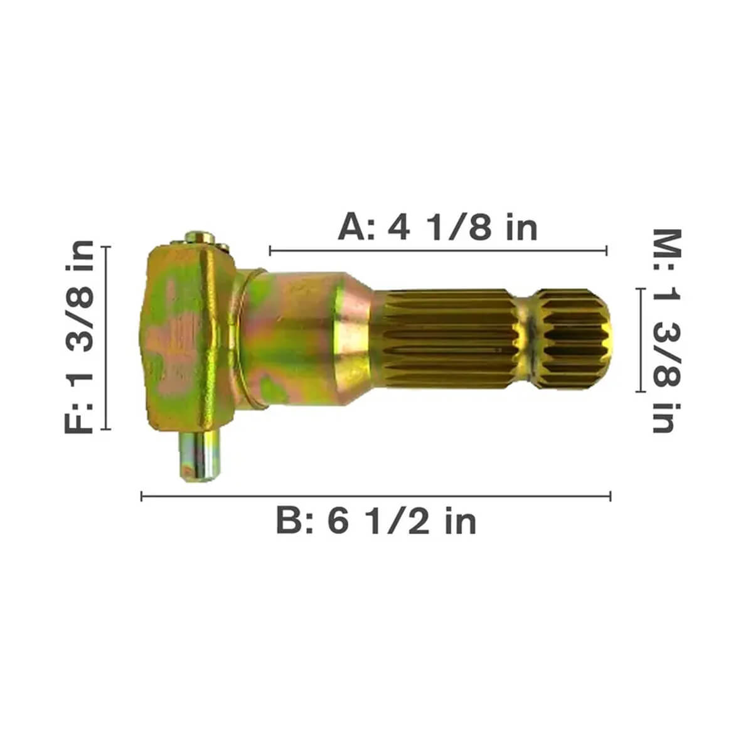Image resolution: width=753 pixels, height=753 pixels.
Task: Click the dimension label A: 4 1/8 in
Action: [x=437, y=227]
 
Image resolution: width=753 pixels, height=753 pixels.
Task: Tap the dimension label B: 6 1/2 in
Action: [x=376, y=520]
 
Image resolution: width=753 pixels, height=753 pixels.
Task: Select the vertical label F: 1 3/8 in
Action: [x=79, y=337]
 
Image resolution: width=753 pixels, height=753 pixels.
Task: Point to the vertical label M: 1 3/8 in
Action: [x=667, y=331]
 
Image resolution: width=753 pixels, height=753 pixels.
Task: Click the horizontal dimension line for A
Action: [x=438, y=250]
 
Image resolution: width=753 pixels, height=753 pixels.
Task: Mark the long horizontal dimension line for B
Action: [x=376, y=496]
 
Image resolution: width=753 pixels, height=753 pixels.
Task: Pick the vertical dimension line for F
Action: [x=106, y=338]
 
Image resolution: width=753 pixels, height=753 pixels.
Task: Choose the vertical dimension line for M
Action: [x=640, y=340]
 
